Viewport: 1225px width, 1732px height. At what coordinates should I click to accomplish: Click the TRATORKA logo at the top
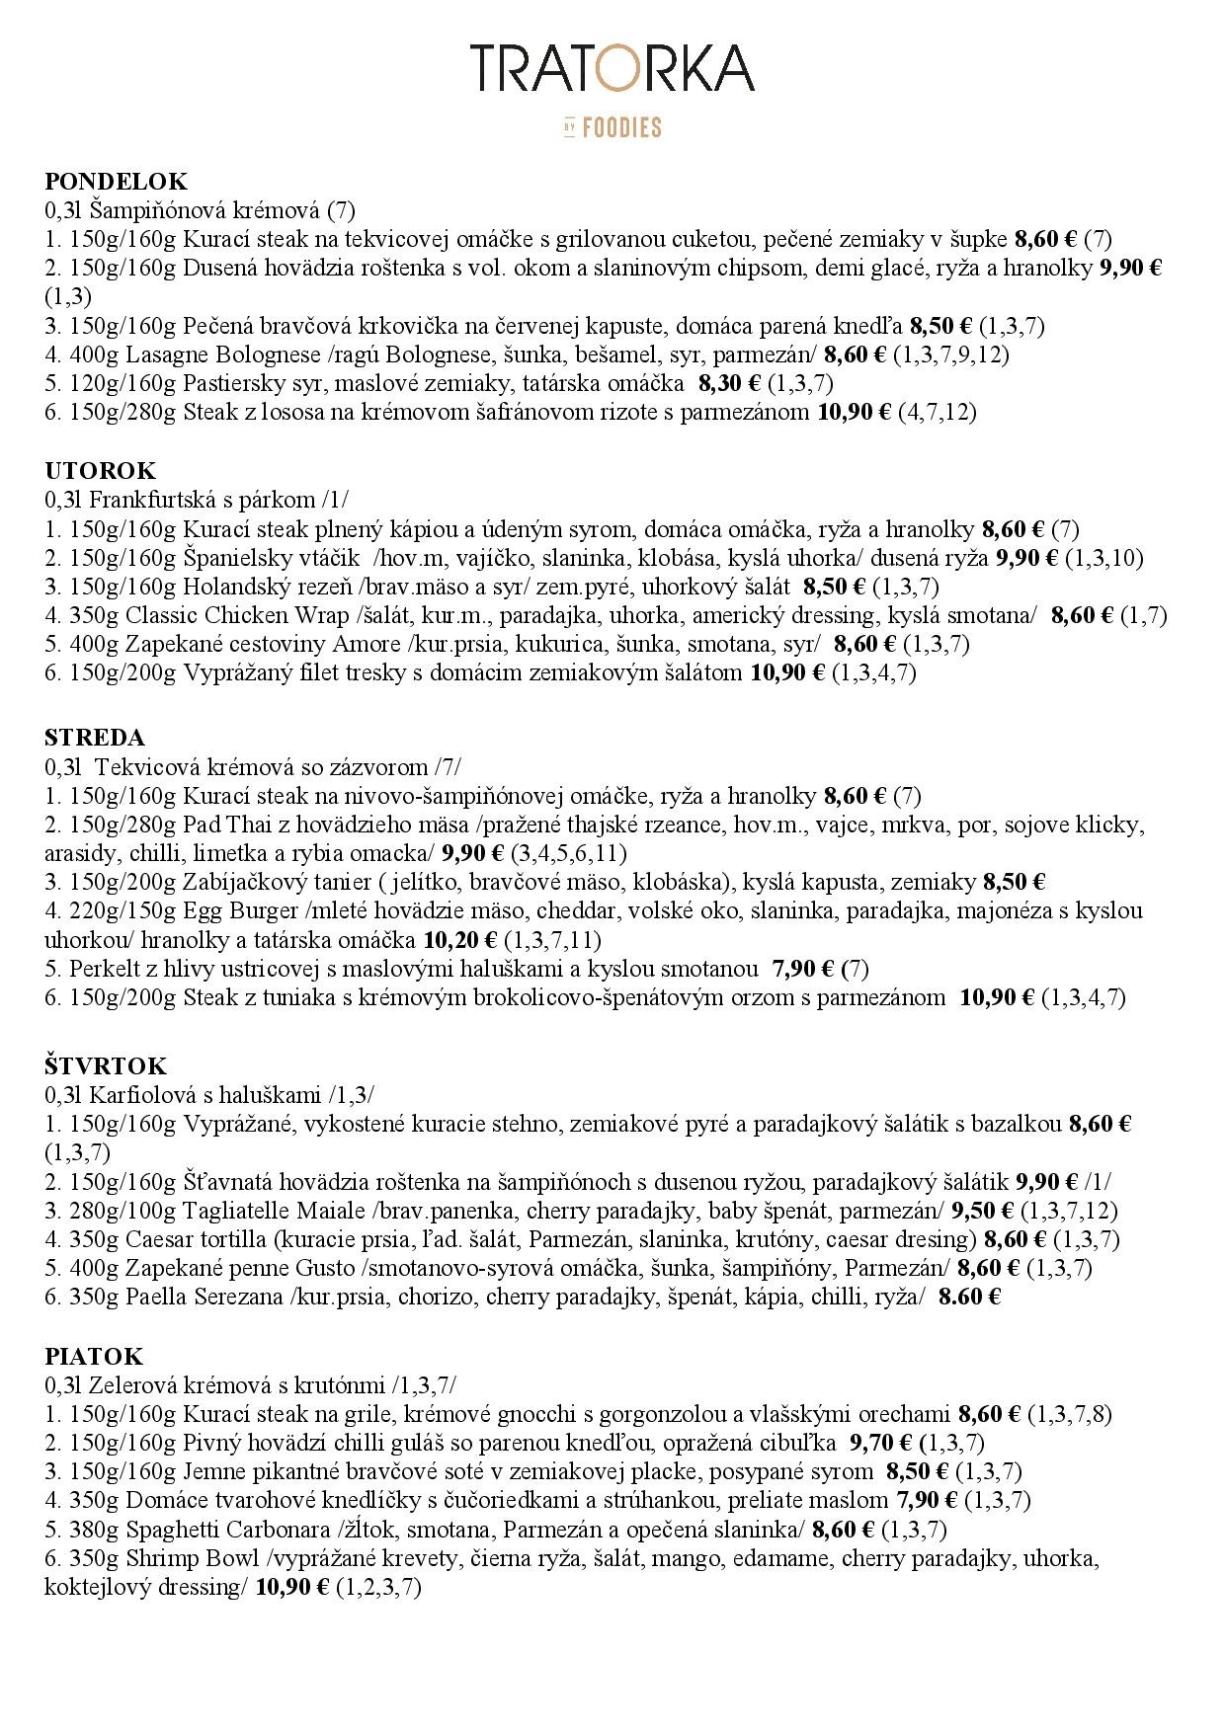(612, 68)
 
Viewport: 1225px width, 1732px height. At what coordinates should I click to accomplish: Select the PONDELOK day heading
(116, 182)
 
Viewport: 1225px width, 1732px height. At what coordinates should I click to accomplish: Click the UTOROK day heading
(100, 471)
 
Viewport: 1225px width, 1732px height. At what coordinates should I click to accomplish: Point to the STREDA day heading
(94, 738)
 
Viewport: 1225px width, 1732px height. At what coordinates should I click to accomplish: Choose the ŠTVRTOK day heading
(106, 1066)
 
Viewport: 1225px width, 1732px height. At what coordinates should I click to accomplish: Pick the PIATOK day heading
(94, 1356)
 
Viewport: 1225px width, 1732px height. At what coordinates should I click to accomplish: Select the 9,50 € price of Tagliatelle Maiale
(982, 1211)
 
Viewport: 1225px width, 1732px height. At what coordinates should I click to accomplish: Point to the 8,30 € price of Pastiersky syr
(729, 383)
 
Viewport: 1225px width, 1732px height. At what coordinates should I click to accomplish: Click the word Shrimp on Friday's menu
(157, 1558)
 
